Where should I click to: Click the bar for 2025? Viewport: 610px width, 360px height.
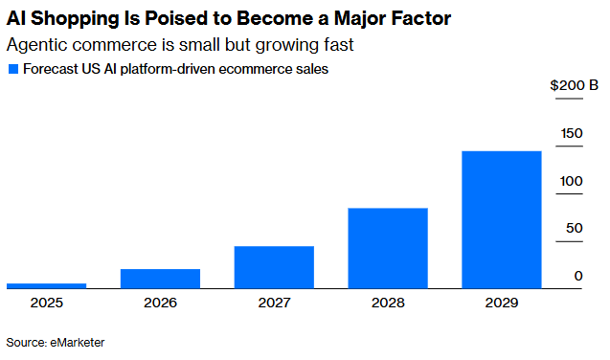pyautogui.click(x=47, y=286)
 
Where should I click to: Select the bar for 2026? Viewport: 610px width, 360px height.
pyautogui.click(x=160, y=279)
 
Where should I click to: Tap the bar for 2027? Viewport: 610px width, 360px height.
pyautogui.click(x=274, y=267)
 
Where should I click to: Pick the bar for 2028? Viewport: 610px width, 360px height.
pyautogui.click(x=388, y=248)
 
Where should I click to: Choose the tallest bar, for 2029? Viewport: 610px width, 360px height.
pyautogui.click(x=502, y=220)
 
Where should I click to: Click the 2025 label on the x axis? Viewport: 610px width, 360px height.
pyautogui.click(x=47, y=303)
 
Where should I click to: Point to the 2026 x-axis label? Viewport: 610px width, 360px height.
pyautogui.click(x=160, y=303)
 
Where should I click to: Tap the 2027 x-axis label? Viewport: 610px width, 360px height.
pyautogui.click(x=274, y=303)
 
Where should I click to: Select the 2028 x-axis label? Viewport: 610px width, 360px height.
pyautogui.click(x=388, y=303)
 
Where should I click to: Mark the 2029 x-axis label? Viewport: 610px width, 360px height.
pyautogui.click(x=502, y=303)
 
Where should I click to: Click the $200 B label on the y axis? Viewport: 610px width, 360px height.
pyautogui.click(x=574, y=85)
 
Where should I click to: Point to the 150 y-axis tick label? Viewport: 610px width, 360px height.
pyautogui.click(x=572, y=133)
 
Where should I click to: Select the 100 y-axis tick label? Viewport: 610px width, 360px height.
pyautogui.click(x=571, y=181)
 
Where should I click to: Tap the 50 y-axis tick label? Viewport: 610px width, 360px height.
pyautogui.click(x=575, y=228)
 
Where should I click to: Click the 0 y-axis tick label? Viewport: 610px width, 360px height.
pyautogui.click(x=578, y=276)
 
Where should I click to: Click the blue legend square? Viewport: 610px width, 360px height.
pyautogui.click(x=13, y=69)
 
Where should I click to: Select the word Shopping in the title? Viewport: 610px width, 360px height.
pyautogui.click(x=75, y=18)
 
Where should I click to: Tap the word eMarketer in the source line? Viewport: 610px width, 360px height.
pyautogui.click(x=78, y=343)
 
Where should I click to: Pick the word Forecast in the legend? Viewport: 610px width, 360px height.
pyautogui.click(x=51, y=69)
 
